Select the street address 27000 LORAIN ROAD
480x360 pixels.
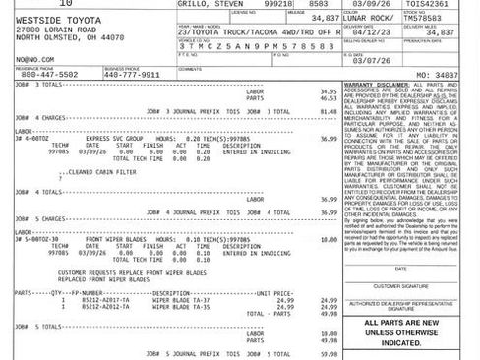pyautogui.click(x=44, y=30)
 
